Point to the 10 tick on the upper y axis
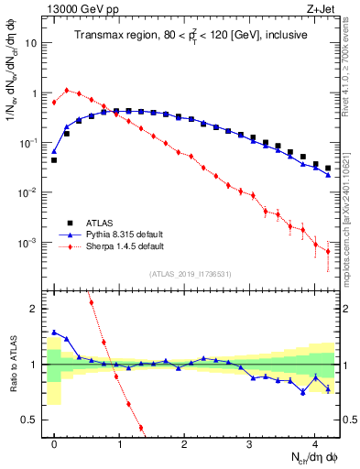point(32,43)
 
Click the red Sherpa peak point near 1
point(67,90)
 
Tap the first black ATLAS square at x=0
point(54,160)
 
